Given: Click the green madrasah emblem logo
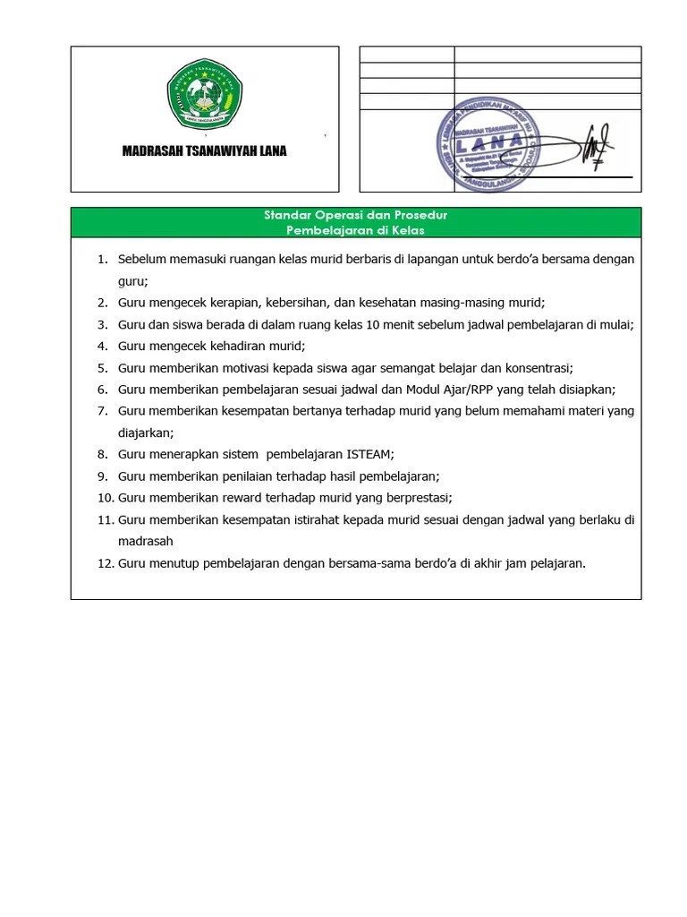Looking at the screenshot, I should [x=204, y=95].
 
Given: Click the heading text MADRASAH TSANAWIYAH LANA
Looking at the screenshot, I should [x=204, y=151].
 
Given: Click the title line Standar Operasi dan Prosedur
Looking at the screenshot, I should [x=355, y=216].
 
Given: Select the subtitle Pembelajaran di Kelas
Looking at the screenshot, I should [x=355, y=230].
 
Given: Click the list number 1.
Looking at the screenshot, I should [x=102, y=260].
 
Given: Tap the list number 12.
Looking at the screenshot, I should [x=104, y=563].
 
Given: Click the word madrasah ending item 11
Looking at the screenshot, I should [x=145, y=541].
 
